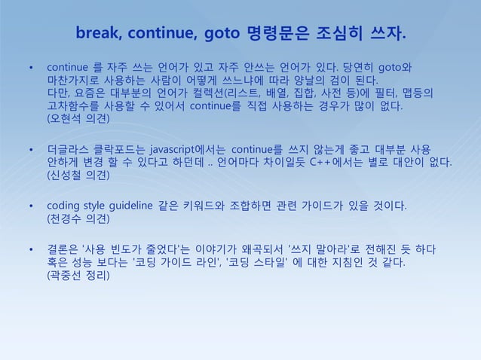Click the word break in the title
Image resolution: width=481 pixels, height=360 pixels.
(x=98, y=35)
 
